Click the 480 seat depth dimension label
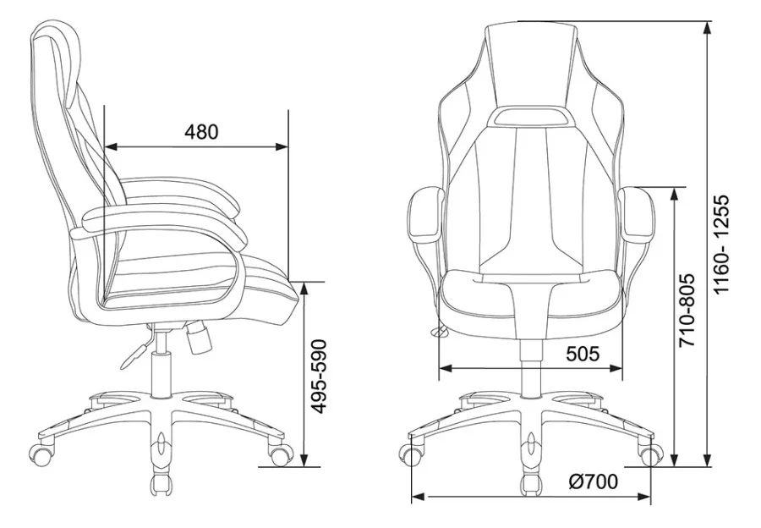(x=201, y=131)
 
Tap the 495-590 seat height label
(x=319, y=377)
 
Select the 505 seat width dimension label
(x=583, y=354)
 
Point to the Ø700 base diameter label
(x=593, y=481)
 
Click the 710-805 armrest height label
(x=687, y=311)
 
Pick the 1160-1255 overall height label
(x=722, y=245)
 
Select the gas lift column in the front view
(x=530, y=368)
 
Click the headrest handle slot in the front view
(x=529, y=116)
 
